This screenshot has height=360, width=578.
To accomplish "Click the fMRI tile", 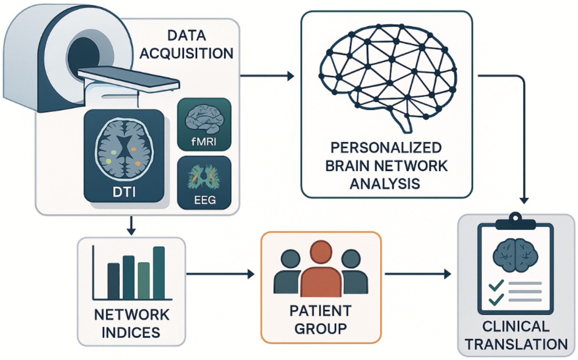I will coord(204,124).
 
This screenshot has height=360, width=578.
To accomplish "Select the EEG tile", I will coord(204,182).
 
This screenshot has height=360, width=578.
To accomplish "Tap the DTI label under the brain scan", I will coord(124,192).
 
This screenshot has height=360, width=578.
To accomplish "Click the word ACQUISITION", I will coord(187,54).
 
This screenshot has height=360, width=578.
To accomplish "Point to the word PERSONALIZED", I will coord(386,148).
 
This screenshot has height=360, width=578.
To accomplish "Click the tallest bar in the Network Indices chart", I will coord(159,273).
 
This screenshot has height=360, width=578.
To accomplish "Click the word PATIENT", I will coord(321,311).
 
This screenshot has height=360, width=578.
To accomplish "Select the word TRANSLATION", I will coord(516,344).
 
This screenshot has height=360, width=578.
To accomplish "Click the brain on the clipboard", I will coord(515,256).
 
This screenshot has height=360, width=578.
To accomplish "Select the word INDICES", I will coord(131,333).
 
